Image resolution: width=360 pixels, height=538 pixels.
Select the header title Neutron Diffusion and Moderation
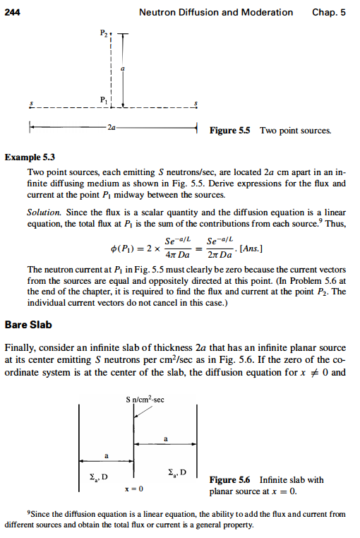[216, 12]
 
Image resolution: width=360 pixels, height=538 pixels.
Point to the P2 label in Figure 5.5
[104, 33]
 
